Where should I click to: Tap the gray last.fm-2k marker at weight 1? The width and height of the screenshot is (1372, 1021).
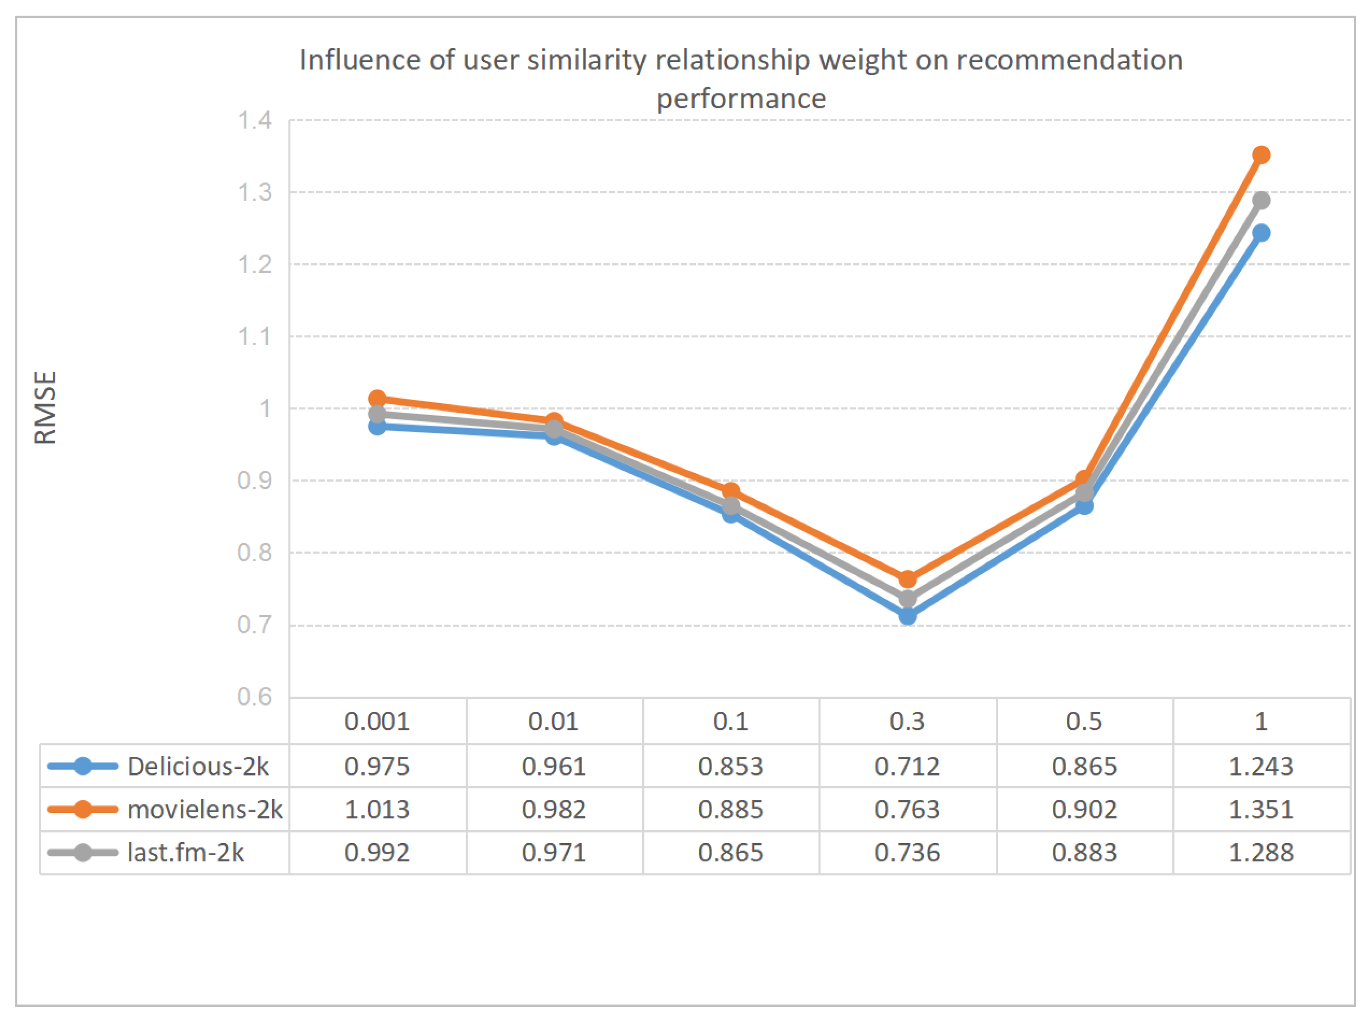coord(1261,200)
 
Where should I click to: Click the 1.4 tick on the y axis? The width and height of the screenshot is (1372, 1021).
coord(254,120)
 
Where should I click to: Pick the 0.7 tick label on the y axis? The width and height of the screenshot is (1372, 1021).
coord(254,625)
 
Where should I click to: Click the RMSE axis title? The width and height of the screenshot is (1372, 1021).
coord(45,407)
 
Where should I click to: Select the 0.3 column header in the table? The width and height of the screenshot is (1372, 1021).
coord(907,721)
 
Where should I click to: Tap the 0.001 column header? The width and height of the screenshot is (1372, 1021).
coord(377,721)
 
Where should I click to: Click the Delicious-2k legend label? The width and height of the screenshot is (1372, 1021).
coord(197,766)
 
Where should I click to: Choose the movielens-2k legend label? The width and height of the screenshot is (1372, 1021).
coord(205,809)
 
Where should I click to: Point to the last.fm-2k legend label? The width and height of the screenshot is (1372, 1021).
coord(185,852)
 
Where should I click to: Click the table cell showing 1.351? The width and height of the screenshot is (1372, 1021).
coord(1261,809)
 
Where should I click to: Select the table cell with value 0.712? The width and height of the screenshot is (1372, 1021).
coord(907,766)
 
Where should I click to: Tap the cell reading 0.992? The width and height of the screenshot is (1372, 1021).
coord(377,852)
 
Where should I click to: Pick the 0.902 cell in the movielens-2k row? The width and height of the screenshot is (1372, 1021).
coord(1084,809)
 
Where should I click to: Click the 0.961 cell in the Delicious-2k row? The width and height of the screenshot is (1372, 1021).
coord(553,766)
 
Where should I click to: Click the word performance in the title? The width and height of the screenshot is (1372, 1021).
coord(741,99)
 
